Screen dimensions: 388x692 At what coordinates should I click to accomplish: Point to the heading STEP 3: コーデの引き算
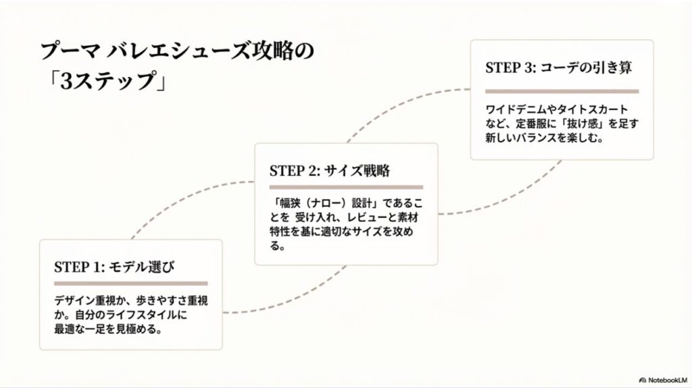pos(560,69)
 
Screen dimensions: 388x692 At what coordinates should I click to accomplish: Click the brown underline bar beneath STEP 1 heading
pos(130,283)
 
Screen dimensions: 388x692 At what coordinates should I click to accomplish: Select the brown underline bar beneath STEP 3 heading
pos(562,90)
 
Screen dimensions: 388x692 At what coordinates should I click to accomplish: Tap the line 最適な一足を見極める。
pos(109,331)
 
